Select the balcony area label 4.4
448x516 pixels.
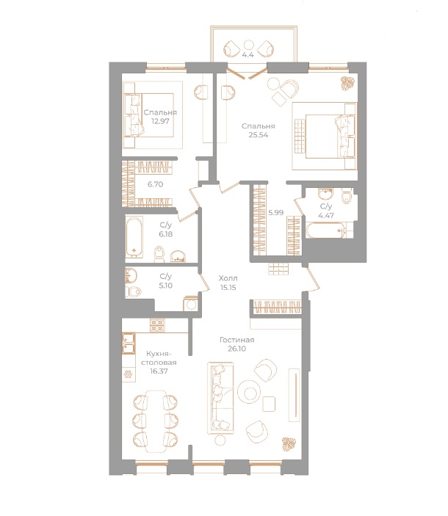pos(249,54)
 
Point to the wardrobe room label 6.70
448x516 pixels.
pos(154,184)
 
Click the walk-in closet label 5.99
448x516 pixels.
pos(275,212)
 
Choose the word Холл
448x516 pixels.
pos(228,278)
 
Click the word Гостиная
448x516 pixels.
pos(236,340)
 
